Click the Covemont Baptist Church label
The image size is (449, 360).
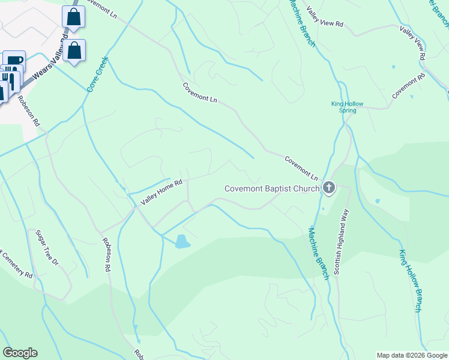[271, 188]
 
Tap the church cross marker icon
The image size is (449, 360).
[328, 188]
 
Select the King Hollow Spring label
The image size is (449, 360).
[348, 107]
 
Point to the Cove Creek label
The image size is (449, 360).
[97, 73]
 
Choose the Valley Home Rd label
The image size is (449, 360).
[161, 192]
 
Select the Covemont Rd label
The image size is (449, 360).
[408, 86]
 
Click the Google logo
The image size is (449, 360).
[20, 353]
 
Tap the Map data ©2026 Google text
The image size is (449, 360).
[412, 355]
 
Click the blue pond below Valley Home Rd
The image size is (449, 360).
[181, 242]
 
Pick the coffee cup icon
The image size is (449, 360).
[14, 61]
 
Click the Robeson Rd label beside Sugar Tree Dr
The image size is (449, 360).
[107, 254]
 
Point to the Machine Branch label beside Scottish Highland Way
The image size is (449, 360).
[319, 252]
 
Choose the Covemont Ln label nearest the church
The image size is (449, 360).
[301, 169]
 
